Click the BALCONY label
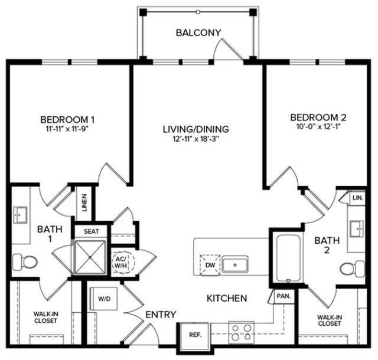click(198, 32)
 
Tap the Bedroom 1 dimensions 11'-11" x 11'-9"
click(67, 129)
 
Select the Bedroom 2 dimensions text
click(318, 127)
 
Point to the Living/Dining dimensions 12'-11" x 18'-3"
click(195, 139)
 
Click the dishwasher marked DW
click(210, 265)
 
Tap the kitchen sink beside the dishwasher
click(235, 264)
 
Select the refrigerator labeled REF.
click(195, 335)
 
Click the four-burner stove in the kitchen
click(242, 332)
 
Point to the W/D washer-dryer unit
click(104, 299)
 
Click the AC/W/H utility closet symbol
click(123, 263)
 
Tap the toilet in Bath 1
click(25, 262)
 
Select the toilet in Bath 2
click(353, 269)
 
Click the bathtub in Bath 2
click(288, 258)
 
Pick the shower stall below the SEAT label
click(90, 257)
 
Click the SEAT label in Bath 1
click(91, 231)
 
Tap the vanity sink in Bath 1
click(20, 215)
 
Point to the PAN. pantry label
click(283, 296)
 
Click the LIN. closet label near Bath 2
click(357, 198)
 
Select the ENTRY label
click(161, 315)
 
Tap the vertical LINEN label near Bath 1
click(84, 203)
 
